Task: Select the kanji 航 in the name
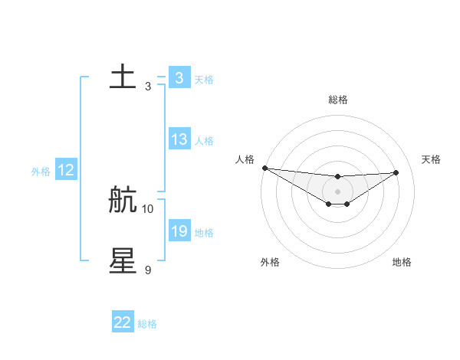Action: coord(123,200)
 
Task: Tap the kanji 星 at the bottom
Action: coord(123,261)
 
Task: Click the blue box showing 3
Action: coord(179,77)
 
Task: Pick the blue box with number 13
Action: coord(179,139)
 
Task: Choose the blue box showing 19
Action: coord(179,231)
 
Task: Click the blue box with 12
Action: coord(65,170)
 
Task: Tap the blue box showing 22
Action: coord(123,322)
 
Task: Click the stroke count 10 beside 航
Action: coord(148,208)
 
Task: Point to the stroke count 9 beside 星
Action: coord(148,270)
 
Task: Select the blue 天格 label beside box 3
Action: coord(204,79)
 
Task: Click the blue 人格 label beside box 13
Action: coord(204,141)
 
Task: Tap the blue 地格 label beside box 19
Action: coord(204,233)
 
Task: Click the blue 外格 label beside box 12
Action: coord(41,172)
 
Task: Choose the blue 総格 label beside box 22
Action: coord(147,324)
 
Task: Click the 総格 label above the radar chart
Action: coord(337,100)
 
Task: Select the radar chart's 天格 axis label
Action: coord(431,159)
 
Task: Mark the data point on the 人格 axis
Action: coord(264,168)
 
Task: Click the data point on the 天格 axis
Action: coord(396,172)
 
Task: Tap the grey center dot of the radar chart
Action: coord(337,191)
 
